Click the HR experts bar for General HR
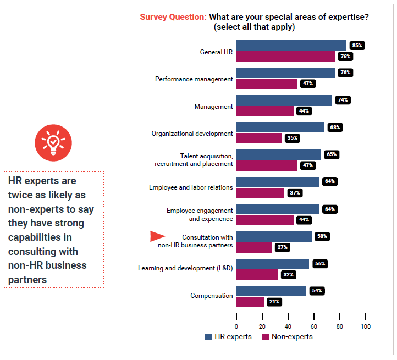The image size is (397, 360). click(291, 45)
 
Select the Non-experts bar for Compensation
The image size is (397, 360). click(250, 302)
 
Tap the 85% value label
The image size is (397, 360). click(357, 45)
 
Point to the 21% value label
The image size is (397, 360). click(274, 302)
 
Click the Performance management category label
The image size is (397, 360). click(194, 79)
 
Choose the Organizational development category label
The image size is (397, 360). click(192, 133)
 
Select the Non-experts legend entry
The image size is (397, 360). click(287, 336)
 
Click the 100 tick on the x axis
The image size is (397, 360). click(366, 326)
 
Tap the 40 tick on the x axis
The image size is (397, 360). click(288, 326)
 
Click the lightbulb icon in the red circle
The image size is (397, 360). click(53, 142)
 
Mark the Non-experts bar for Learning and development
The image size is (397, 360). click(257, 274)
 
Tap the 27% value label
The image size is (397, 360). click(283, 247)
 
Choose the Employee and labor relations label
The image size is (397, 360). click(191, 187)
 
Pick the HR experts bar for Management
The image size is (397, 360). click(284, 100)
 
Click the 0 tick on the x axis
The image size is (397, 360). click(236, 326)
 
